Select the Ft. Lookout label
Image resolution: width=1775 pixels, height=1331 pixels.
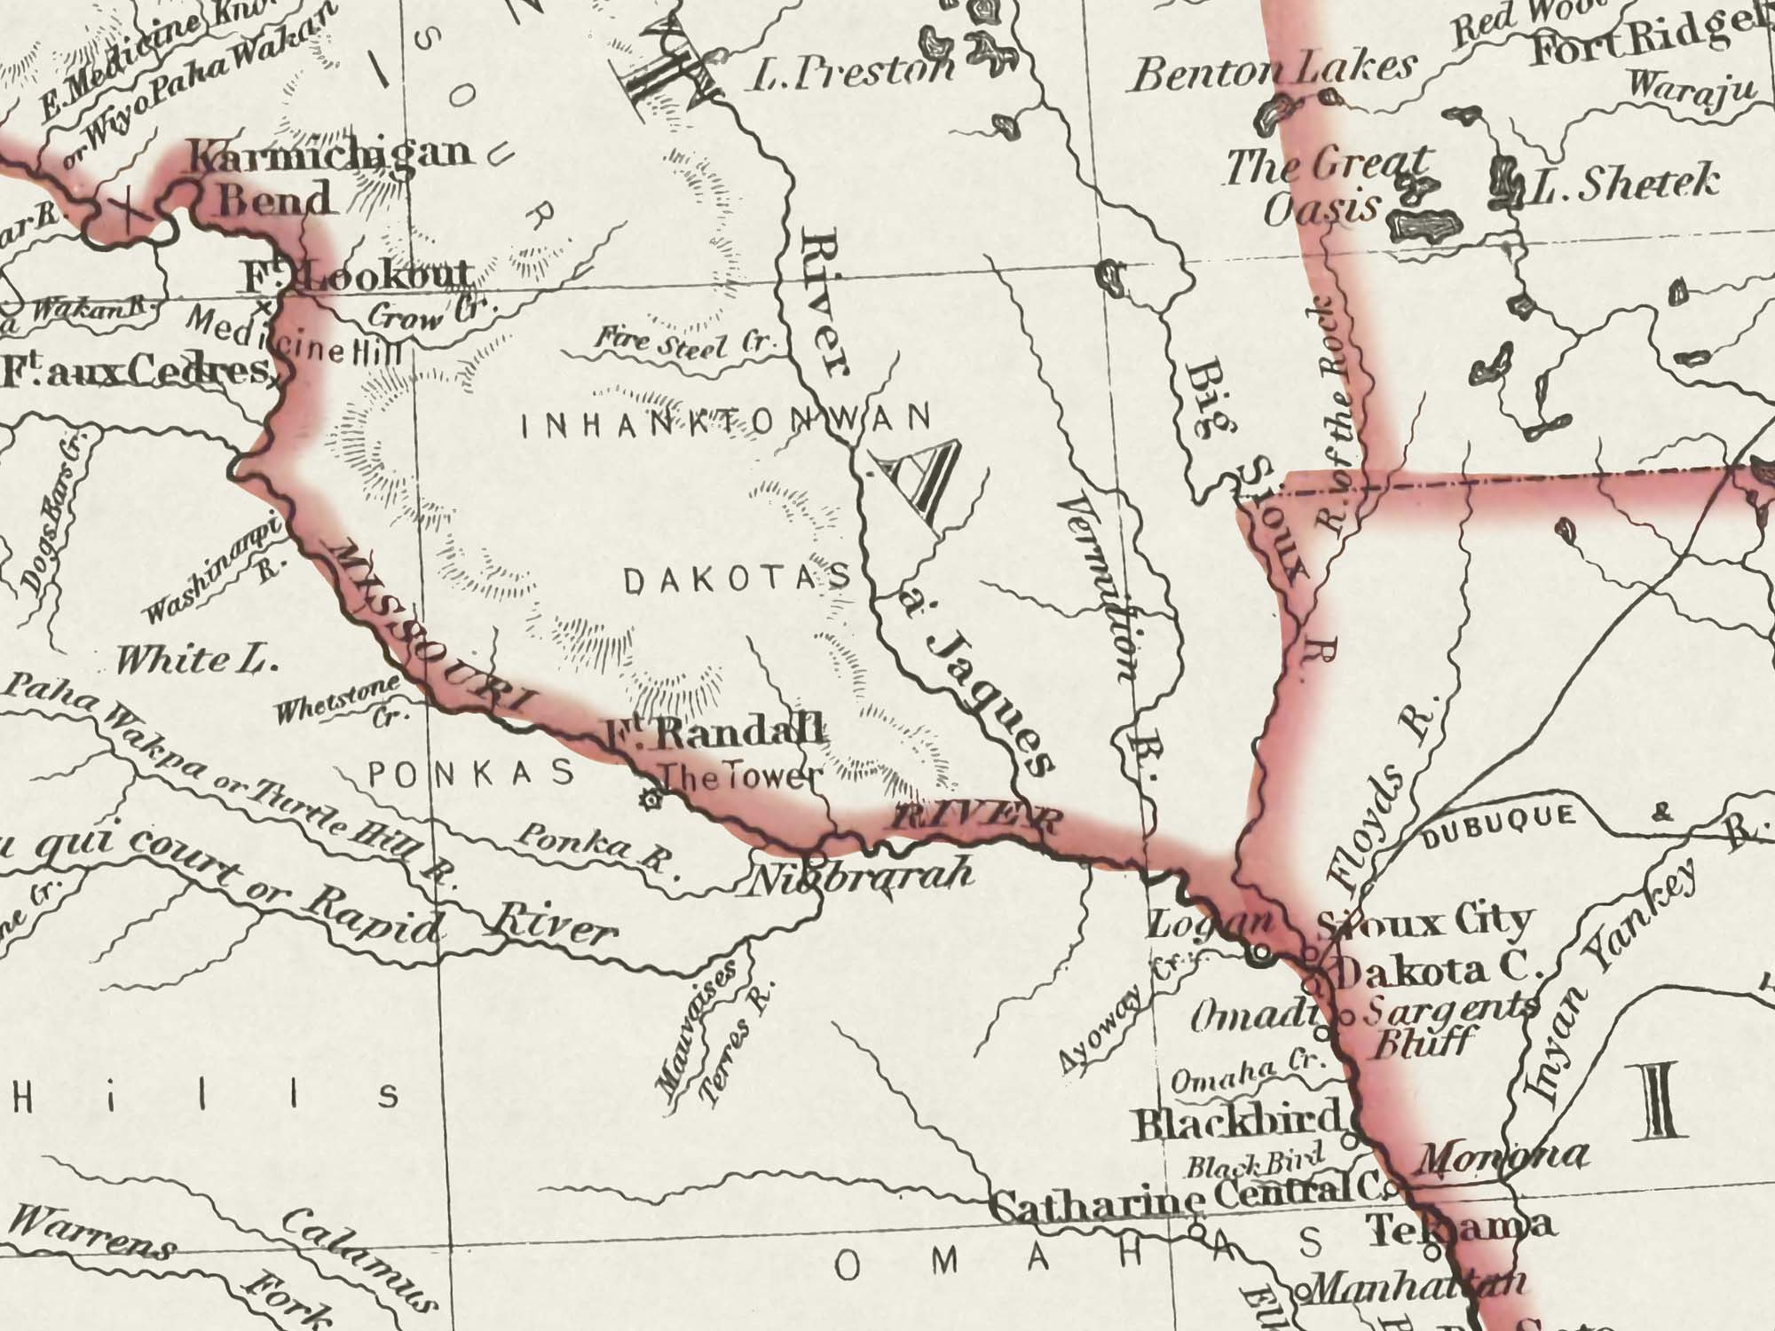[x=359, y=278]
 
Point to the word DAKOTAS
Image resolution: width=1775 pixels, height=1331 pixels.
[x=738, y=581]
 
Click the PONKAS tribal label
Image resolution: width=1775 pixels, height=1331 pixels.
[x=471, y=775]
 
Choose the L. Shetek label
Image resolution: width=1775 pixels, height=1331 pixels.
[x=1623, y=185]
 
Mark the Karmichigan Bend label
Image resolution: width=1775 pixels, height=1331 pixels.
[x=328, y=174]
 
